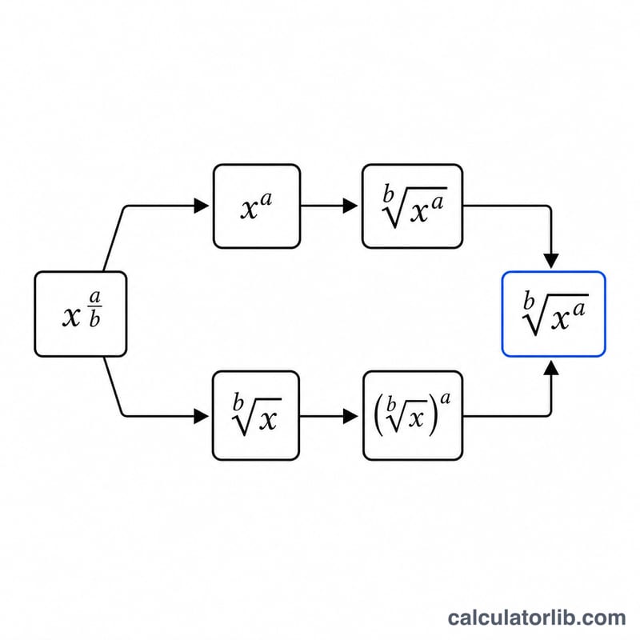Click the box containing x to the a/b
pyautogui.click(x=81, y=314)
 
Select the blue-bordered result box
pyautogui.click(x=554, y=314)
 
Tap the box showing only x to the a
pyautogui.click(x=257, y=206)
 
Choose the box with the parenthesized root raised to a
pyautogui.click(x=413, y=415)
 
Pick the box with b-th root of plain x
pyautogui.click(x=256, y=415)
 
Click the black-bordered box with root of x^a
pyautogui.click(x=412, y=206)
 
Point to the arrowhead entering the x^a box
pyautogui.click(x=202, y=206)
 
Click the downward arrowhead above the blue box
pyautogui.click(x=551, y=261)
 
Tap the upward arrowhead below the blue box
pyautogui.click(x=551, y=368)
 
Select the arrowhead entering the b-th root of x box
pyautogui.click(x=202, y=416)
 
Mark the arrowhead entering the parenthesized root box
pyautogui.click(x=350, y=416)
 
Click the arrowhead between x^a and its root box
pyautogui.click(x=350, y=206)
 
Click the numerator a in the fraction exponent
pyautogui.click(x=94, y=296)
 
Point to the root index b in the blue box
pyautogui.click(x=529, y=301)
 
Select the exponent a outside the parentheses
pyautogui.click(x=446, y=398)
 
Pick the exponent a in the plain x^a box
pyautogui.click(x=266, y=199)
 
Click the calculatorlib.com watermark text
pyautogui.click(x=537, y=618)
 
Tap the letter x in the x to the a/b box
pyautogui.click(x=71, y=317)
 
